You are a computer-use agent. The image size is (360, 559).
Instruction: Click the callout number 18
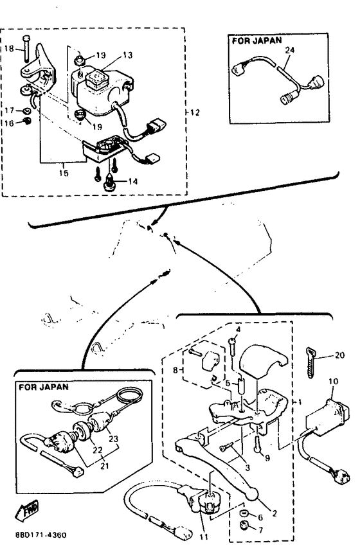[9, 48]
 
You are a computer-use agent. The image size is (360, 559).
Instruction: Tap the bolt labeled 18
[26, 48]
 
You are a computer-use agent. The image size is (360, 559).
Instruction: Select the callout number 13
[128, 55]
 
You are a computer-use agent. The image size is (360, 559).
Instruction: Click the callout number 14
[132, 181]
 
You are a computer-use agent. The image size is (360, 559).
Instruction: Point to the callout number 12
[195, 112]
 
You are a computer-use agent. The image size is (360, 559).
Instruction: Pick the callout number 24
[289, 50]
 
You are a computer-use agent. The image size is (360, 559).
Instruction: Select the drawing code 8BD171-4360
[40, 535]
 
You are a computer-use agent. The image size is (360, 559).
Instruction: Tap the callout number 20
[339, 355]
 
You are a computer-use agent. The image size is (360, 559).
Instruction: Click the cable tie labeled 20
[311, 362]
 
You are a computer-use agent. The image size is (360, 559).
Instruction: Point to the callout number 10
[333, 381]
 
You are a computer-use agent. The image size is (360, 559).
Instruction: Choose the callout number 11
[204, 537]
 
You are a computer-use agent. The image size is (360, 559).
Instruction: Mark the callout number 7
[260, 530]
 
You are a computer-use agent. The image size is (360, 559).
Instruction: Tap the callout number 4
[239, 329]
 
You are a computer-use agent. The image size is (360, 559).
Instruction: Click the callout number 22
[98, 450]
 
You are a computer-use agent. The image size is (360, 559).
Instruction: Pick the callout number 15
[64, 173]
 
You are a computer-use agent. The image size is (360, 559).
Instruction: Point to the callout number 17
[9, 111]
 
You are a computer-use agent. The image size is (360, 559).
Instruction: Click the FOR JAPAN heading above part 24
[257, 40]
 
